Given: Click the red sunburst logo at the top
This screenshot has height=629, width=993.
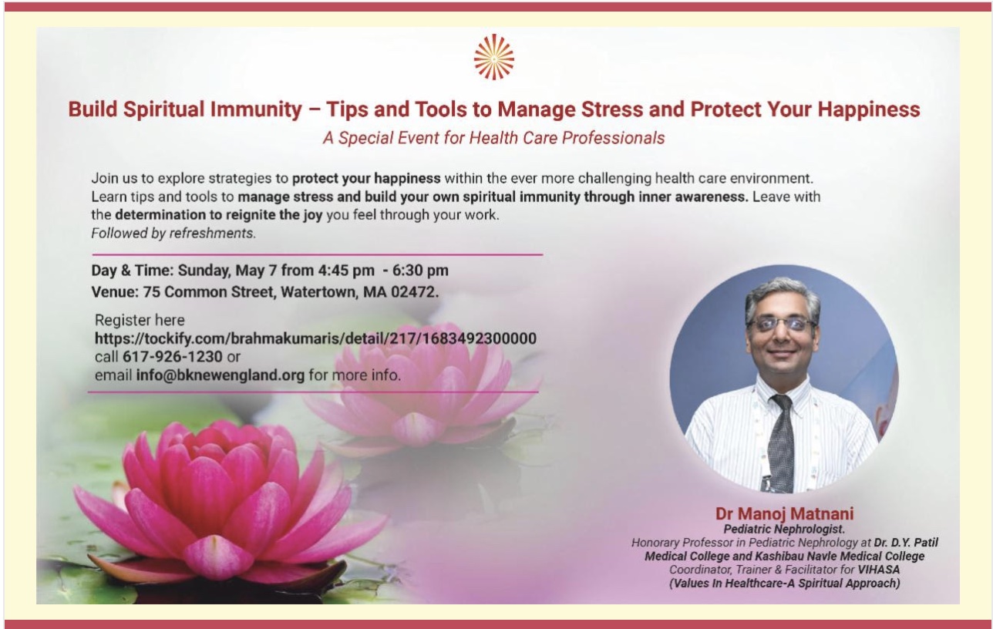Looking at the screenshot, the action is tap(494, 57).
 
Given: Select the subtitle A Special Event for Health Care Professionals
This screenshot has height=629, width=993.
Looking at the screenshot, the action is tap(494, 138).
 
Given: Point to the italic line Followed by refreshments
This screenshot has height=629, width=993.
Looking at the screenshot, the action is tap(173, 233).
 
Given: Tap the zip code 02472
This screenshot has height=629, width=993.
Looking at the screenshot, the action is tap(414, 292).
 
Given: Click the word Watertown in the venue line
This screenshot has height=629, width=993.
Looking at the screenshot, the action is tap(318, 292).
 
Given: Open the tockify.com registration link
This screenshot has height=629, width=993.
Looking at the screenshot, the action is tap(315, 338).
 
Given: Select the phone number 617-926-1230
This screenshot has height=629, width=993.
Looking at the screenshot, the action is tap(173, 357).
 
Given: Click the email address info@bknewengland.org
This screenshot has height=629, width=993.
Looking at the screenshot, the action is tap(220, 375).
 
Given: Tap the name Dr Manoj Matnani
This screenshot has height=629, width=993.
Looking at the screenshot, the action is tap(784, 513).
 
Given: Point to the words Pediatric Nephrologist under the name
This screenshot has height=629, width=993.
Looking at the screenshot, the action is tap(784, 530).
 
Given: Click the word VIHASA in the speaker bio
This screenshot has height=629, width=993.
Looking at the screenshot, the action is tap(879, 570).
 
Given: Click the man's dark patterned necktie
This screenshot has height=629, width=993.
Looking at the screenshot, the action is tap(782, 443).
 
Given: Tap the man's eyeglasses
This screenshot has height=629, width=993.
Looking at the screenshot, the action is tap(783, 324).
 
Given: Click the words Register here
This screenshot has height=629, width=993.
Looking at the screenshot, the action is tap(140, 320).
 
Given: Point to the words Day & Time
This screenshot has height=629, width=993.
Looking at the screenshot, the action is tap(132, 271).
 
